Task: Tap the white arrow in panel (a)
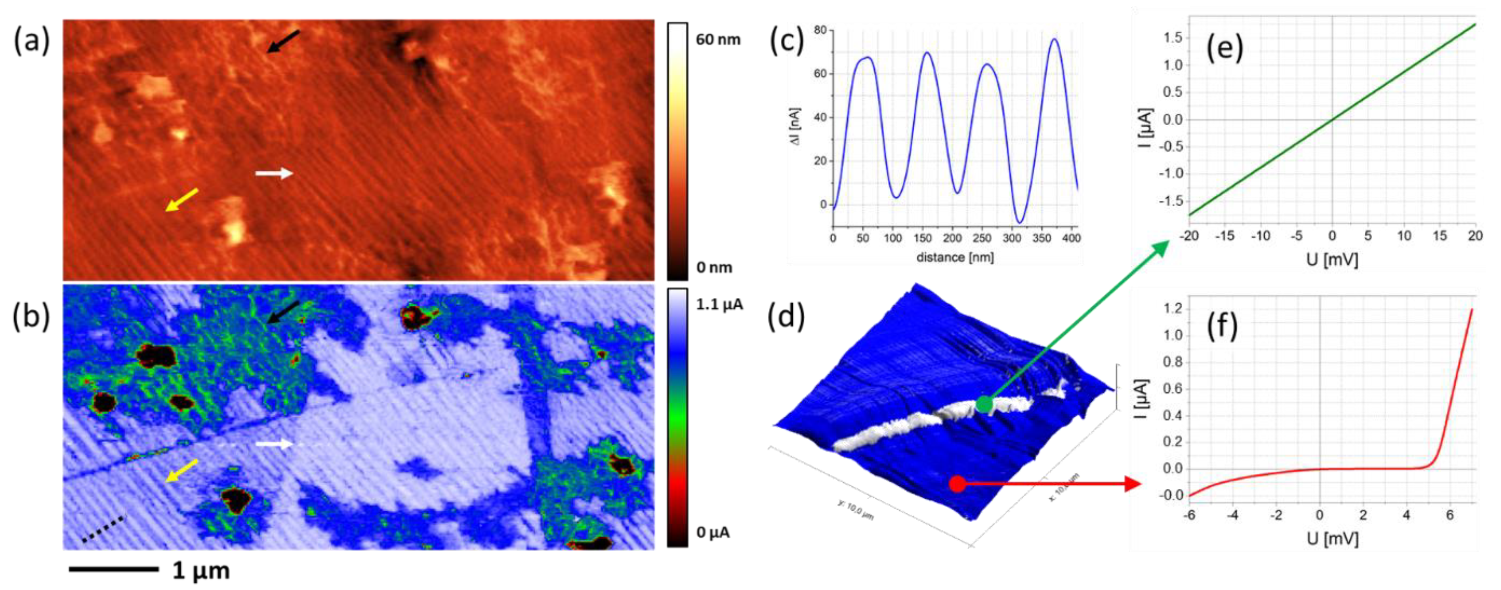pos(274,173)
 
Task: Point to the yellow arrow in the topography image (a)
pos(181,200)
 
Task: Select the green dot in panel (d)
pos(984,403)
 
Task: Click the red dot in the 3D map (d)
pos(957,483)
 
